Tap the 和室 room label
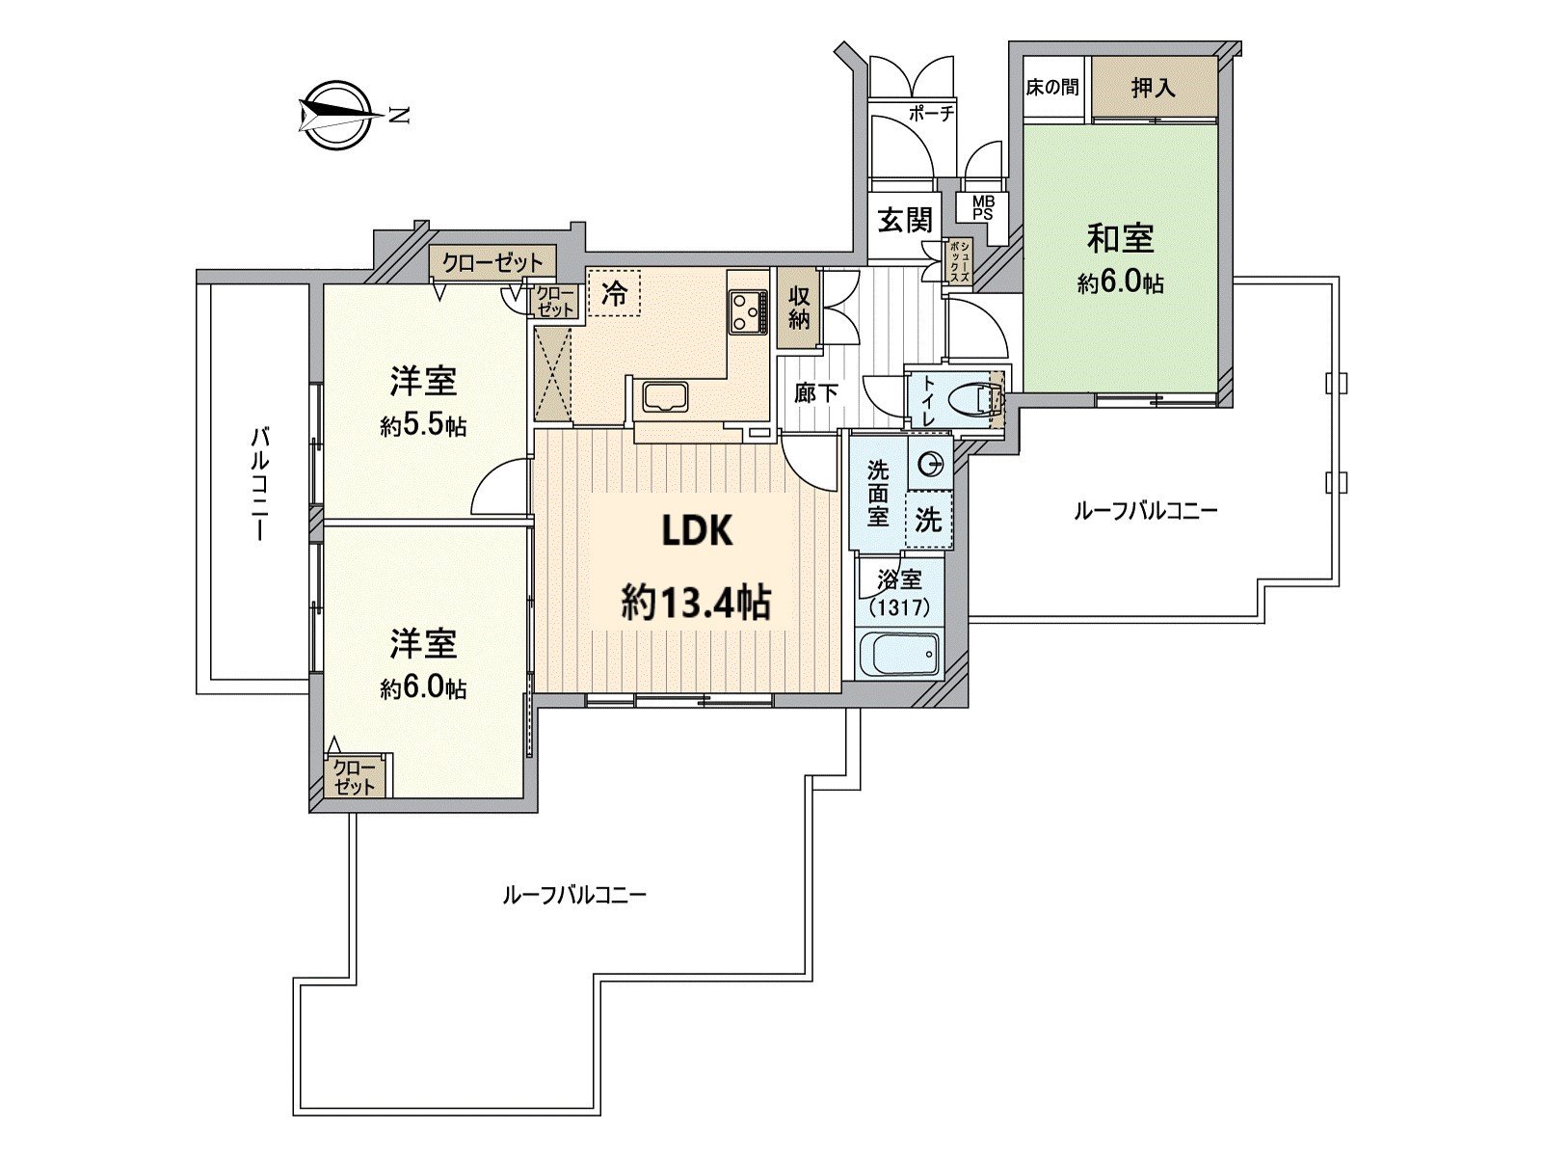point(1120,238)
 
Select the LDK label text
point(697,530)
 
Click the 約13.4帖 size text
point(695,604)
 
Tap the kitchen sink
point(662,397)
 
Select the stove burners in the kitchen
point(746,309)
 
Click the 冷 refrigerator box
point(613,293)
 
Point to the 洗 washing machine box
point(928,521)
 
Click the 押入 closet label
point(1154,88)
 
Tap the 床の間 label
point(1052,88)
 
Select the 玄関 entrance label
point(905,221)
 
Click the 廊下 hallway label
point(816,393)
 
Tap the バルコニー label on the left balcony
point(259,485)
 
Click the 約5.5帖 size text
point(423,426)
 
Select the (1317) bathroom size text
point(899,608)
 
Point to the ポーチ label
point(931,114)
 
